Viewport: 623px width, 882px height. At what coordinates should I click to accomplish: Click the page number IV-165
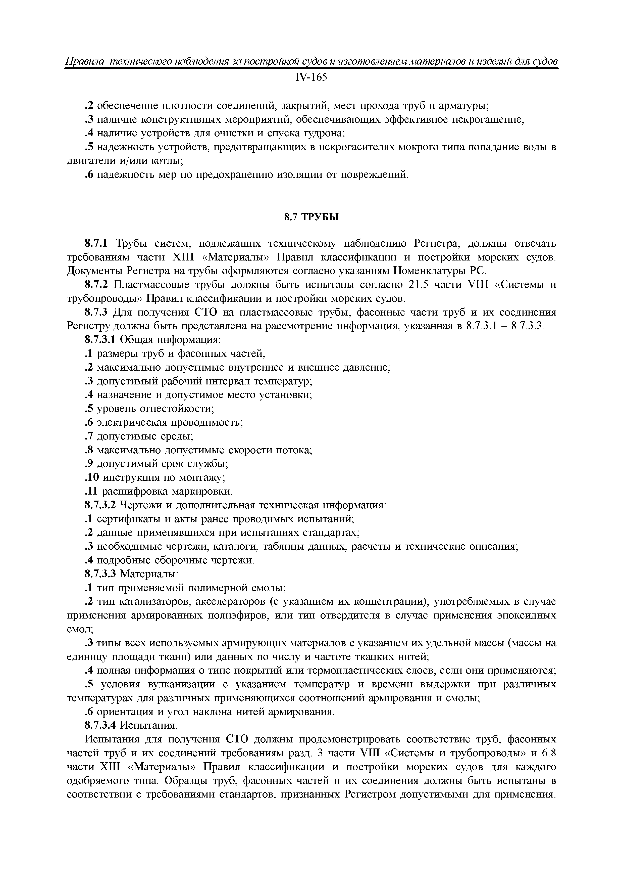coord(311,78)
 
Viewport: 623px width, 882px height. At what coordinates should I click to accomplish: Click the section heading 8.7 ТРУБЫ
coord(311,217)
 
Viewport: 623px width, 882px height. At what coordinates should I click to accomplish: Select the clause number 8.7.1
coord(96,244)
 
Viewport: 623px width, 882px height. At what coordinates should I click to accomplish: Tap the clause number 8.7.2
coord(96,285)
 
